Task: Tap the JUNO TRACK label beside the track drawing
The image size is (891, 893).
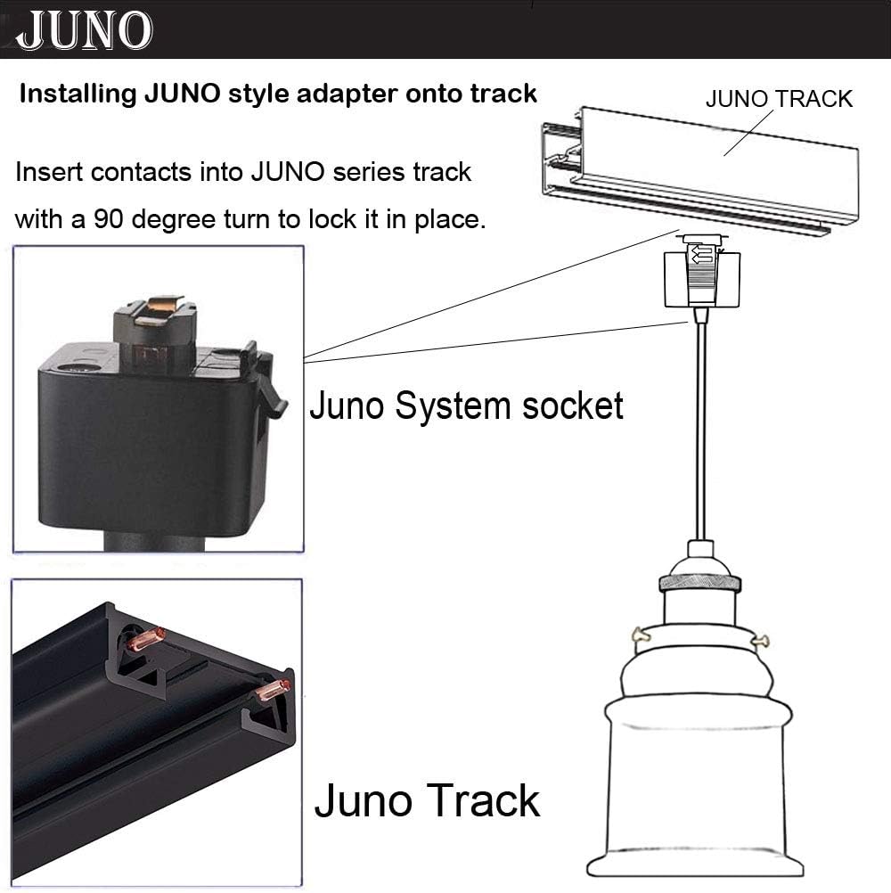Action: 779,99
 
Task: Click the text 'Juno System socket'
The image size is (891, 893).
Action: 466,406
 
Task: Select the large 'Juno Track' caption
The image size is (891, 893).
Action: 427,799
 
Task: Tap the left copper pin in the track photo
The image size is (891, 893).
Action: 146,639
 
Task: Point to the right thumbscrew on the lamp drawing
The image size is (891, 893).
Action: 760,639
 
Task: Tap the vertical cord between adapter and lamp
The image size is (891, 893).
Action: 700,428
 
